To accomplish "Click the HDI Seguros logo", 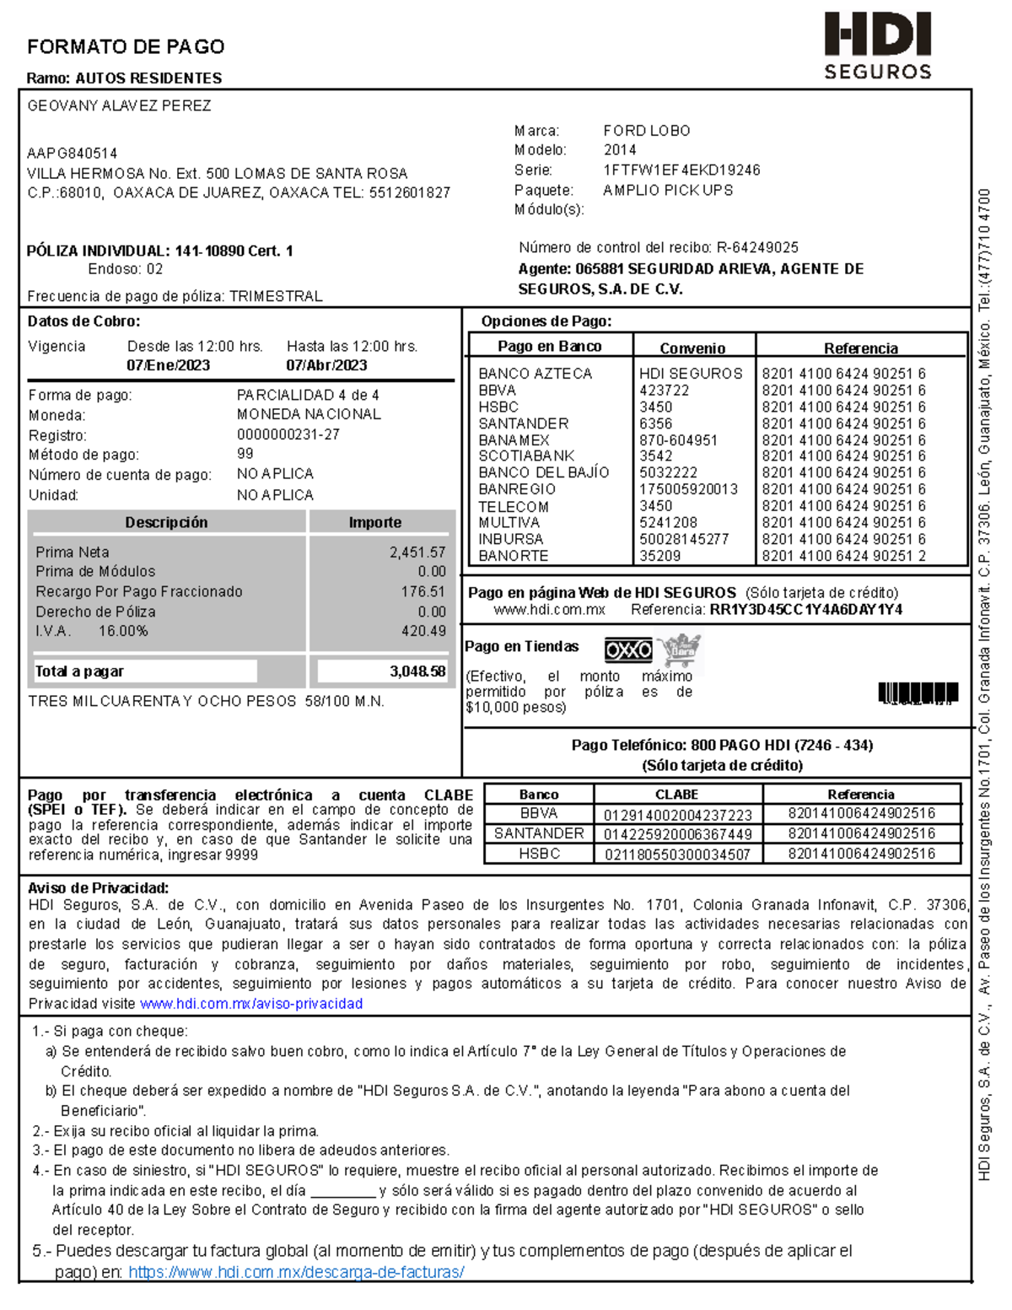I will (x=877, y=46).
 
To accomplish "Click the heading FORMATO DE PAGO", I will (x=126, y=46).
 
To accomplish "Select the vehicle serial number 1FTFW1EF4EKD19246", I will (x=681, y=170).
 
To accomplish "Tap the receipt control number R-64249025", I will (x=757, y=247).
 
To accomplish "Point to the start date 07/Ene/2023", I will (x=168, y=365).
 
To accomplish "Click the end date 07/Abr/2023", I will (x=326, y=365).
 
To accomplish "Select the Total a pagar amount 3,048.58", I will (x=417, y=671).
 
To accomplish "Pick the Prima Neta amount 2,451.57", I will (x=417, y=552).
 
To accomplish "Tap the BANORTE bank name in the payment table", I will (x=514, y=556).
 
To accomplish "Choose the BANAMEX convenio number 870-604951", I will (x=678, y=440).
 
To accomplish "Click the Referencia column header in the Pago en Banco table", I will (x=860, y=348).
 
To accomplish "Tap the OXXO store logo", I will (x=628, y=650).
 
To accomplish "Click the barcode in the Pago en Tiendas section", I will (x=918, y=693).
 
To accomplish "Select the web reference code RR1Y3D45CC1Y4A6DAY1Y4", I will (x=805, y=610).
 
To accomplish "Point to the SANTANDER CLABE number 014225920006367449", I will (x=677, y=834).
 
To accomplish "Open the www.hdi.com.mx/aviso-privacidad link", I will (x=251, y=1004).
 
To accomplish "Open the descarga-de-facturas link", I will (x=296, y=1272).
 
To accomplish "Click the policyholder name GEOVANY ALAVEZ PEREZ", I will (x=119, y=106).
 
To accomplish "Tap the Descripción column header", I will (x=166, y=522).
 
